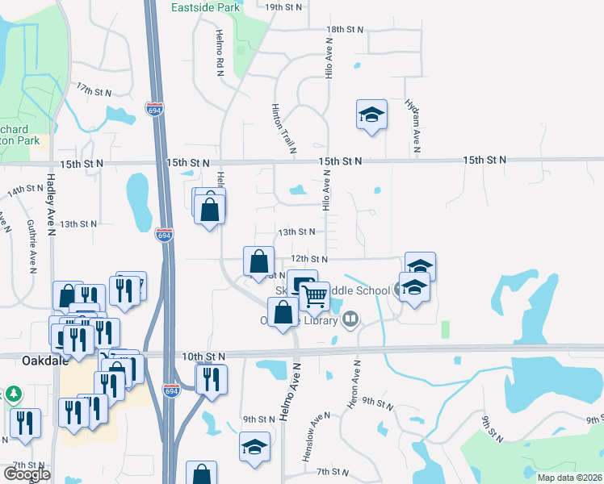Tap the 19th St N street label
coord(283,6)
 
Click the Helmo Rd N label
coord(219,54)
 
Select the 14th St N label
coord(25,190)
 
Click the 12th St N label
coord(309,259)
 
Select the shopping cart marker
coord(314,296)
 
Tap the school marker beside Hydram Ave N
coord(371,116)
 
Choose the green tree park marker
coord(14,394)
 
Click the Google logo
coord(27,474)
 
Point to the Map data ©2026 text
coord(570,478)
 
